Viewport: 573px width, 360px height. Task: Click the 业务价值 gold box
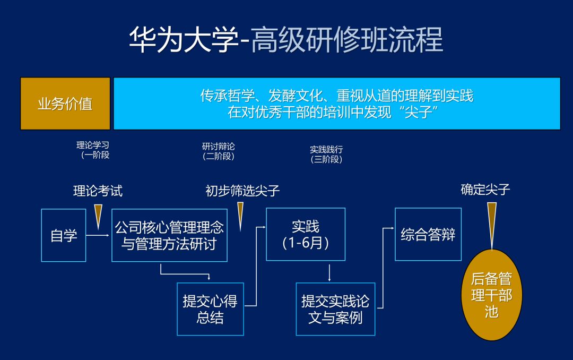[x=65, y=104]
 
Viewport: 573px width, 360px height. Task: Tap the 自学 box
[x=64, y=235]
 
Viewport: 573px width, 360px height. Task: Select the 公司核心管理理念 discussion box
[x=169, y=235]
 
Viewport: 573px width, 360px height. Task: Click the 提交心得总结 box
[x=210, y=309]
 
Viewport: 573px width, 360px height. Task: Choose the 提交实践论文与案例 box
[x=335, y=309]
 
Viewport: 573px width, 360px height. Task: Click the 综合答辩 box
[x=428, y=234]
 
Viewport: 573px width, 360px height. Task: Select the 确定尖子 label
[x=485, y=190]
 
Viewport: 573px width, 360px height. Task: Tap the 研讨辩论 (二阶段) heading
[x=218, y=151]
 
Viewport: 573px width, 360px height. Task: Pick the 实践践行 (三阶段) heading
[x=326, y=154]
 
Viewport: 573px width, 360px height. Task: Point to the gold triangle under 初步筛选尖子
[x=240, y=215]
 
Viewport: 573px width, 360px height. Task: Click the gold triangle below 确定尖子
[x=492, y=223]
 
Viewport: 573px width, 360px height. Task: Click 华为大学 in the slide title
[x=183, y=40]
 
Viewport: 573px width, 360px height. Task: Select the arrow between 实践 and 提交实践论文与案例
[x=329, y=272]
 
